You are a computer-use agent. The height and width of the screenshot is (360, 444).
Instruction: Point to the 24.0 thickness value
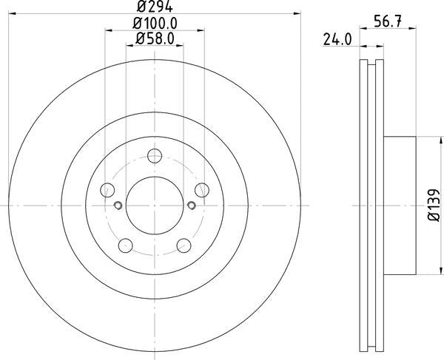(x=337, y=41)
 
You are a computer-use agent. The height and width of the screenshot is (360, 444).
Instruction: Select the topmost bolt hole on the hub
(x=155, y=156)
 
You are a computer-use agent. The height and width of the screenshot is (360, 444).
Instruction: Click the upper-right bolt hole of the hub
(x=202, y=189)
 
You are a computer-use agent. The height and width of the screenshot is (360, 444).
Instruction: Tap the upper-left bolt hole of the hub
(x=107, y=189)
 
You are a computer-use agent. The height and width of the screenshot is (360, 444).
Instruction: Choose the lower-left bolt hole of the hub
(x=125, y=245)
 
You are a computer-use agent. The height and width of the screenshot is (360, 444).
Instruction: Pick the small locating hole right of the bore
(x=192, y=205)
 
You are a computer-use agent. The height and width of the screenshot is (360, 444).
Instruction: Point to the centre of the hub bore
(x=155, y=206)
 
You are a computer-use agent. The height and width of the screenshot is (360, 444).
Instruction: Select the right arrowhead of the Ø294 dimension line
(x=300, y=13)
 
